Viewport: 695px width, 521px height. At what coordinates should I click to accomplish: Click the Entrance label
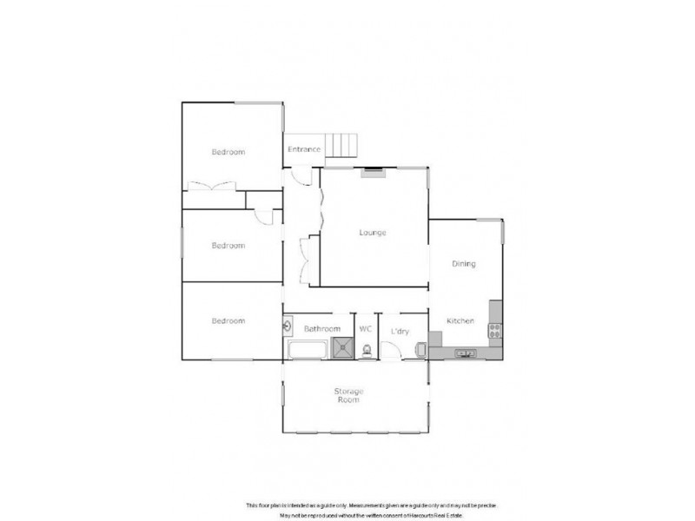coord(304,149)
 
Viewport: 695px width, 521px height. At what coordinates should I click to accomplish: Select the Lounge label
coord(374,233)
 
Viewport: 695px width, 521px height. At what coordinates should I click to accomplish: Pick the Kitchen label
coord(460,321)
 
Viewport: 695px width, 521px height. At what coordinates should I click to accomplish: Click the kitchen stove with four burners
coord(495,330)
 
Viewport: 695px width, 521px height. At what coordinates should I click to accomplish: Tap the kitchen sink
coord(466,353)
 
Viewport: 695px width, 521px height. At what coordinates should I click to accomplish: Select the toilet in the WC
coord(367,350)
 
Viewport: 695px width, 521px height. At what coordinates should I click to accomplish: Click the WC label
coord(366,330)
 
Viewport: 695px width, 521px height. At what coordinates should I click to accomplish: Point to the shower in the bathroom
coord(345,349)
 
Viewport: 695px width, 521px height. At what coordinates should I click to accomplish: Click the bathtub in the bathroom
coord(305,351)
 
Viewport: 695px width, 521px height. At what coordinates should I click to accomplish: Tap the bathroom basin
coord(288,327)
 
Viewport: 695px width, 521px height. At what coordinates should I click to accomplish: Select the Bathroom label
coord(321,330)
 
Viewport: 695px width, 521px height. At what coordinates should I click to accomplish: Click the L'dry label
coord(400,331)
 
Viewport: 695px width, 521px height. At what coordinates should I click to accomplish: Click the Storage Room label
coord(348,396)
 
